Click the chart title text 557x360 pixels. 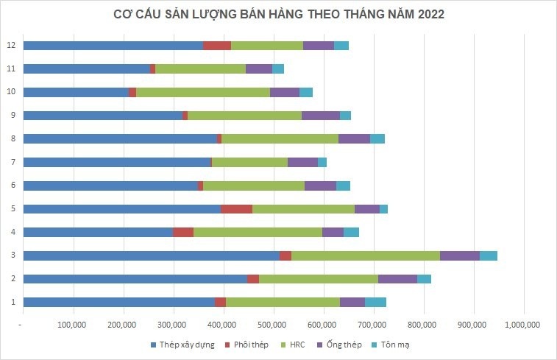(x=278, y=14)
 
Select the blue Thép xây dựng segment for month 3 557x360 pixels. (x=151, y=255)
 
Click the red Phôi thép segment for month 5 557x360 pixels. (x=236, y=208)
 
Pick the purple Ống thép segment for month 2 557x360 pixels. (x=397, y=278)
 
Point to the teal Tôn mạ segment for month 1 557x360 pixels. (x=375, y=302)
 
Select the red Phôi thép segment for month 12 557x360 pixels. (x=217, y=46)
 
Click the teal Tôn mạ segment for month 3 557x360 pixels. (x=489, y=255)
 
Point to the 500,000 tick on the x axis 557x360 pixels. (x=273, y=324)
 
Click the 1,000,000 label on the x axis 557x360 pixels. (x=523, y=324)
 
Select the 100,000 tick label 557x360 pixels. (x=73, y=324)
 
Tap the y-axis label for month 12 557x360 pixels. (x=10, y=46)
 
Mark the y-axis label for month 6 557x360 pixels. (x=10, y=186)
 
